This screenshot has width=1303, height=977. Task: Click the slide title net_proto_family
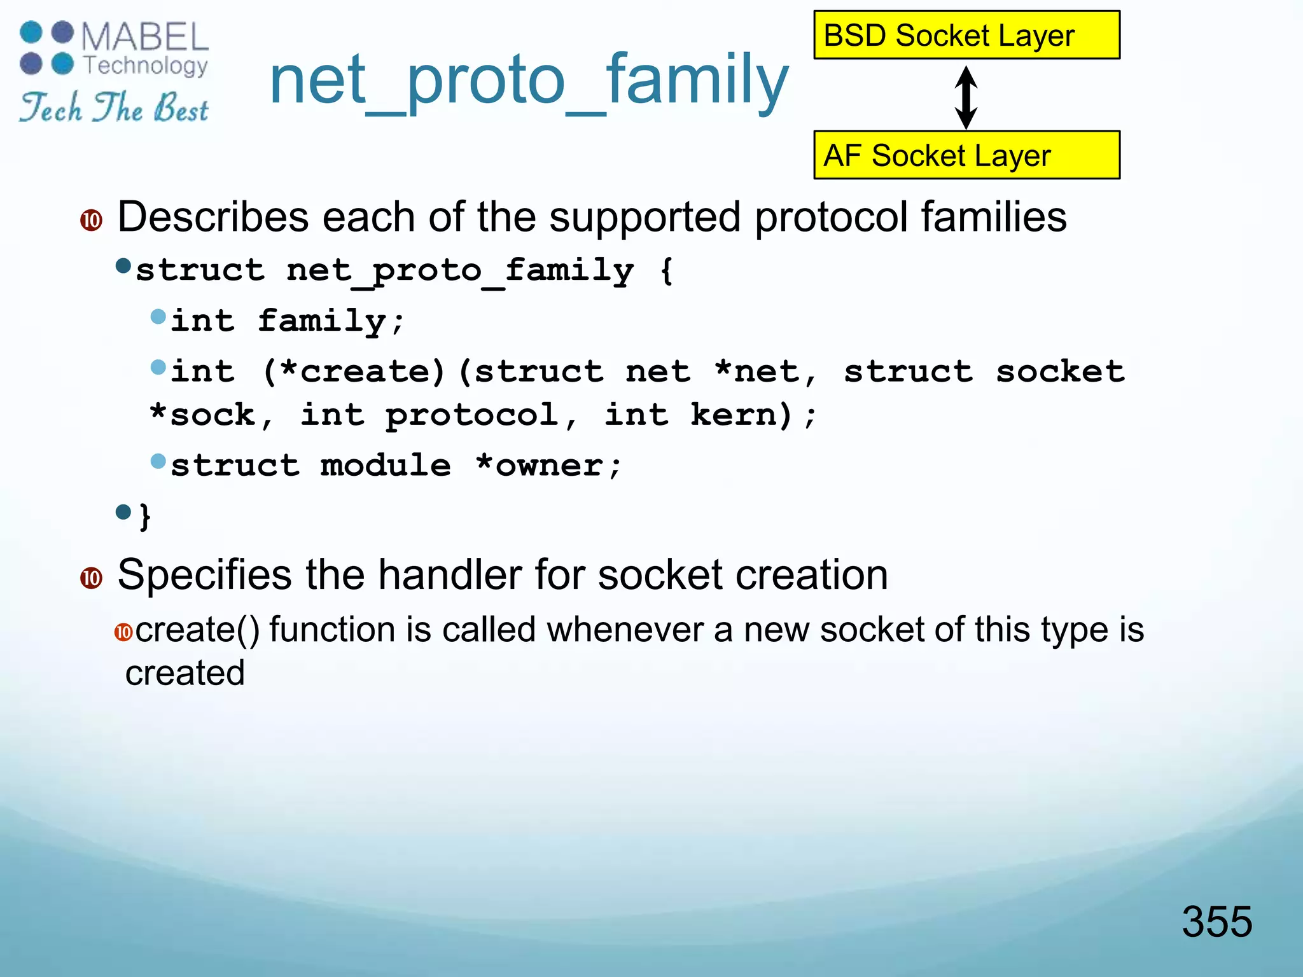[528, 81]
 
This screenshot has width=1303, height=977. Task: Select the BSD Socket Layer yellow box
[966, 36]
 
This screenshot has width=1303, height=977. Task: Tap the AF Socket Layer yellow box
[966, 155]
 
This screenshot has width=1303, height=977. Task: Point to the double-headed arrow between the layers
[966, 97]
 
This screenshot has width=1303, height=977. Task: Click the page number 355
[1216, 922]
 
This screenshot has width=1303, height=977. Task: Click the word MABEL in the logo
[145, 37]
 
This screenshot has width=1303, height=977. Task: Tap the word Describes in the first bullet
[213, 218]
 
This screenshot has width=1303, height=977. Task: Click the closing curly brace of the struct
[145, 515]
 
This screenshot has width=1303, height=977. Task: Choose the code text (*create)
[353, 371]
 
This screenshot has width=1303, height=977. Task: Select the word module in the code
[386, 466]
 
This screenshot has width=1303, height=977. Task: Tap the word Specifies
[204, 575]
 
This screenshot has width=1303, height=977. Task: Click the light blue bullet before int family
[158, 317]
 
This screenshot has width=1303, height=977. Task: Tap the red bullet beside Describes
[92, 221]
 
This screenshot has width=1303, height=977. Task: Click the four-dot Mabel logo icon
[47, 48]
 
